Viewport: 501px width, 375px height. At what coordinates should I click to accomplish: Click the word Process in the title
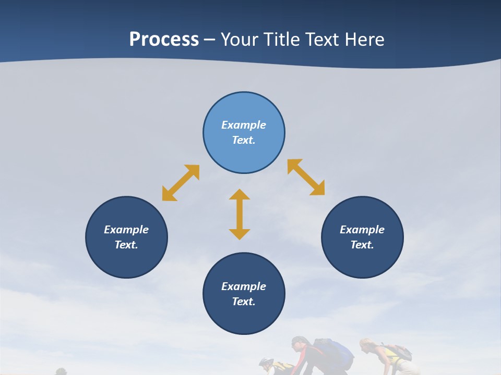coord(164,39)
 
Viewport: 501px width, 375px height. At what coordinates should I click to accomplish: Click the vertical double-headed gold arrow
coord(240,214)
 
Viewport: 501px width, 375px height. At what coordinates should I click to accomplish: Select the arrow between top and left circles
coord(181,183)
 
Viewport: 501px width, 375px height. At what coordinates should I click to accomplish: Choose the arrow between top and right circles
coord(306,177)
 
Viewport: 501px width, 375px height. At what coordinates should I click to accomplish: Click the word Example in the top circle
coord(244,125)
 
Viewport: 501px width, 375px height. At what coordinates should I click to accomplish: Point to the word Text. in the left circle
coord(126,245)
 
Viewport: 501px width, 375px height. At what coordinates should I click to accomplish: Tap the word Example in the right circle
coord(362,230)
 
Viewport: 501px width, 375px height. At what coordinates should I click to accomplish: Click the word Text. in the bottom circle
coord(244,302)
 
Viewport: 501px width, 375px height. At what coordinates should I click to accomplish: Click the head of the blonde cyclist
coord(367,345)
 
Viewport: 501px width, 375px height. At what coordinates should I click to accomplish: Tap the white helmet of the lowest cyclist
coord(266,361)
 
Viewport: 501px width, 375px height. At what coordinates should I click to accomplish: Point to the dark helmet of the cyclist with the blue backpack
coord(299,342)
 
